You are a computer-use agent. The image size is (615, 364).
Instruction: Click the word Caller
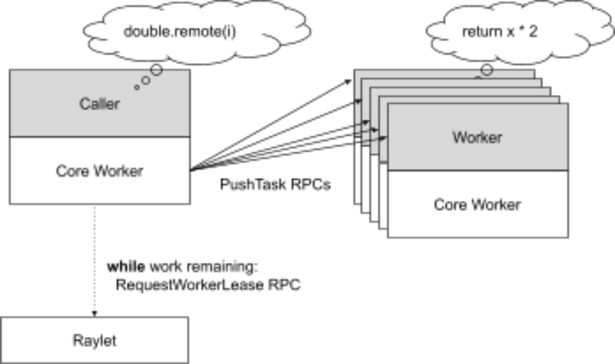pos(99,104)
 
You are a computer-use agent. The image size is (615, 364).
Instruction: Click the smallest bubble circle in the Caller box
pos(137,87)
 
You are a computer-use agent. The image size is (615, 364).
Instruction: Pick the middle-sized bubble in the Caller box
pos(146,80)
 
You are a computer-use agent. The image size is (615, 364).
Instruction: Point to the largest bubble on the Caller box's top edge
pos(157,71)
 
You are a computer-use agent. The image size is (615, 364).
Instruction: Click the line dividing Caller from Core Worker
pos(99,137)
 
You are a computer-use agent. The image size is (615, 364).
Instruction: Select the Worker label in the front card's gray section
pos(477,137)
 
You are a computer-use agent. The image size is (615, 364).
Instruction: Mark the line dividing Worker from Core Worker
pos(477,170)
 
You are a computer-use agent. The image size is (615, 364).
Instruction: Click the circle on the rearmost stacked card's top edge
pos(486,71)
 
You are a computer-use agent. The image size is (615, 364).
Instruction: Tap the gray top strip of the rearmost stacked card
pos(418,74)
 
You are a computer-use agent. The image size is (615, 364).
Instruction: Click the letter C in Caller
pos(84,104)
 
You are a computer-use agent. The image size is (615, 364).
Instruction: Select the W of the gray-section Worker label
pos(458,137)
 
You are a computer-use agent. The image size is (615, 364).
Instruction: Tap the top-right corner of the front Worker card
pos(566,105)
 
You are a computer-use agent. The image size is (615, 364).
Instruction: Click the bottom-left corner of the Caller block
pos(9,204)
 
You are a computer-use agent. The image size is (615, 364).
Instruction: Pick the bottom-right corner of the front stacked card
pos(566,237)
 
